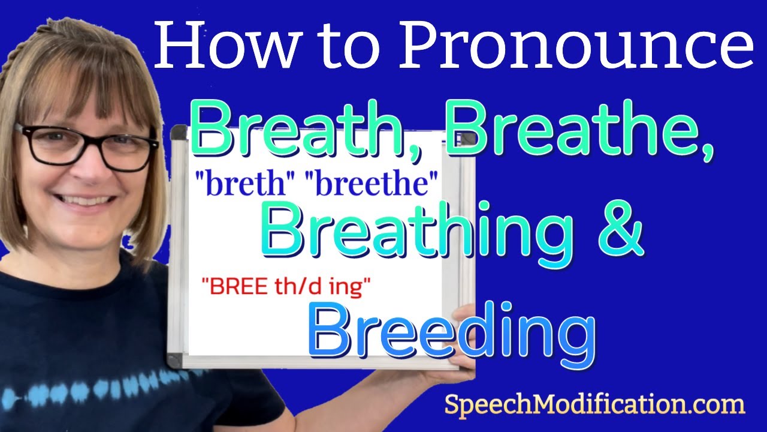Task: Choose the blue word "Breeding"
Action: pos(452,332)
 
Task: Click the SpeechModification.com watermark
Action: pos(594,406)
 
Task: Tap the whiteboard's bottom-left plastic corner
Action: pos(175,361)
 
